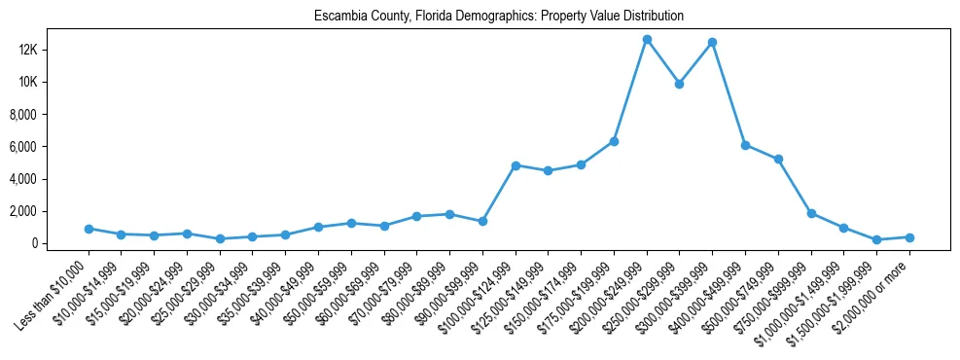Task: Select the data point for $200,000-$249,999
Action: [x=647, y=39]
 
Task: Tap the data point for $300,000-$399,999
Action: [x=713, y=42]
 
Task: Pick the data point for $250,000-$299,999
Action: [x=680, y=84]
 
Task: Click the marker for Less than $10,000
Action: [x=89, y=229]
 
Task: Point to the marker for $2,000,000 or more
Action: [x=909, y=237]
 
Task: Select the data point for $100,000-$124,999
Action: [x=516, y=165]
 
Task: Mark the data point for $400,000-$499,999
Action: [x=746, y=145]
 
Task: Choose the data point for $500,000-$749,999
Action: [x=778, y=160]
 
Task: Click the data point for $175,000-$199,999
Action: [x=615, y=141]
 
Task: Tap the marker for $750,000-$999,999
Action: [x=811, y=213]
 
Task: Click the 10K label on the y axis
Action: [x=53, y=82]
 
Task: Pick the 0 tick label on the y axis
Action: [x=60, y=243]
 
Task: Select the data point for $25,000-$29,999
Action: [x=220, y=238]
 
